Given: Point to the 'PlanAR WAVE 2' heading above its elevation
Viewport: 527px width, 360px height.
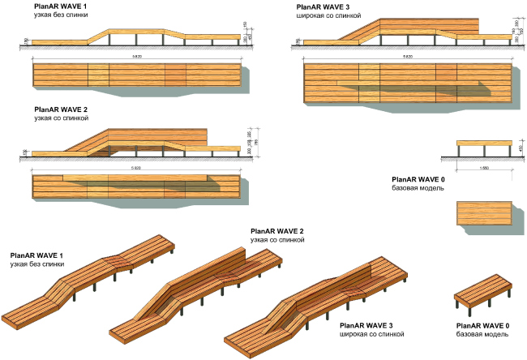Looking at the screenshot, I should pyautogui.click(x=61, y=109).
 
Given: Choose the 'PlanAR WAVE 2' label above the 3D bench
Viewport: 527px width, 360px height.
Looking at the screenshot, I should pyautogui.click(x=277, y=232).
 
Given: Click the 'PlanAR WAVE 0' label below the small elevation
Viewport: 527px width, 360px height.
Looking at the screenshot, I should pyautogui.click(x=418, y=179).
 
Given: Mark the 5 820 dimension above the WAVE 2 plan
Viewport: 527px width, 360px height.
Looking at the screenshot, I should pyautogui.click(x=136, y=169).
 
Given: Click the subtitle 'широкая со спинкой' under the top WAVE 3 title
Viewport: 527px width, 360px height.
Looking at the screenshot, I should pyautogui.click(x=328, y=16).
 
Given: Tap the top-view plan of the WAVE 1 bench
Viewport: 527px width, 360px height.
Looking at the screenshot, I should pyautogui.click(x=136, y=75).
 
